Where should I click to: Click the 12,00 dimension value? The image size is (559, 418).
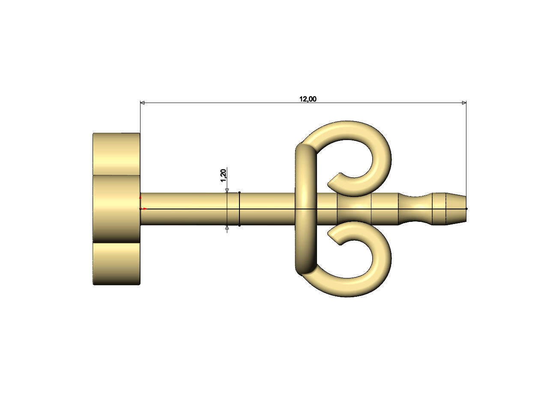[x=308, y=99]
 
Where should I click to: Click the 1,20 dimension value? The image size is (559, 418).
[x=223, y=175]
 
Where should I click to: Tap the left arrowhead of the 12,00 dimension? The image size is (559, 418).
[x=143, y=103]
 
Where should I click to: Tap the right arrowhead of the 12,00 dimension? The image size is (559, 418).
[x=463, y=103]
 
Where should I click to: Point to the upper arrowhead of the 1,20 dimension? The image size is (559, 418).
[x=227, y=190]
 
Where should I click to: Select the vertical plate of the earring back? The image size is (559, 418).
[x=306, y=209]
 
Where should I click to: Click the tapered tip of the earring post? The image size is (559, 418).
[x=457, y=209]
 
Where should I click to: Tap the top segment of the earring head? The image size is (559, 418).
[x=117, y=153]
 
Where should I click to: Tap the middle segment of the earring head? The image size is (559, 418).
[x=117, y=209]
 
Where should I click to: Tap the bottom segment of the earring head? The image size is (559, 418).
[x=117, y=263]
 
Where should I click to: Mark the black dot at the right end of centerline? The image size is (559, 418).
[x=466, y=209]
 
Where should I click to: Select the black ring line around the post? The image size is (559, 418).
[x=239, y=209]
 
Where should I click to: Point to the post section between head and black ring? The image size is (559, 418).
[x=184, y=209]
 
